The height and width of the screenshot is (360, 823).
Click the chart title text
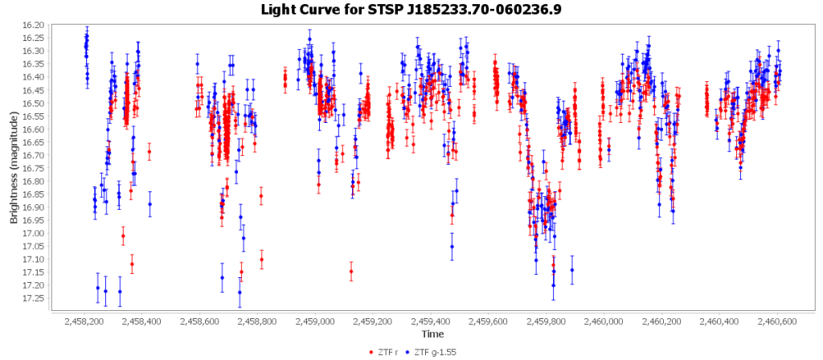(x=411, y=10)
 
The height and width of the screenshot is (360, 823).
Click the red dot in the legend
(x=371, y=352)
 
